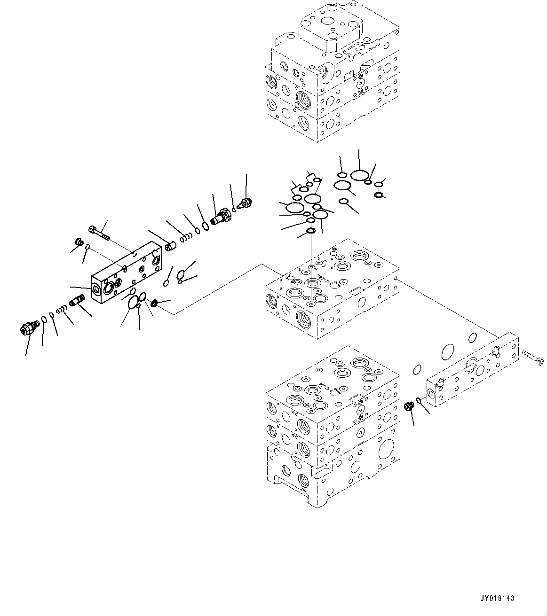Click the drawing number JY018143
(497, 599)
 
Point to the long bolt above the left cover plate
(98, 232)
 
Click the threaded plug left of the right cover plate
(410, 405)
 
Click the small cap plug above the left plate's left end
(79, 242)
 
